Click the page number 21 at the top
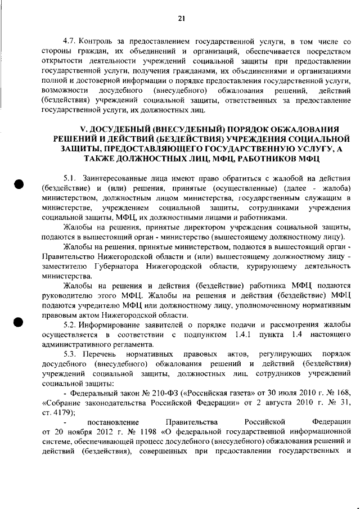181,19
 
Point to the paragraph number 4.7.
69,42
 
